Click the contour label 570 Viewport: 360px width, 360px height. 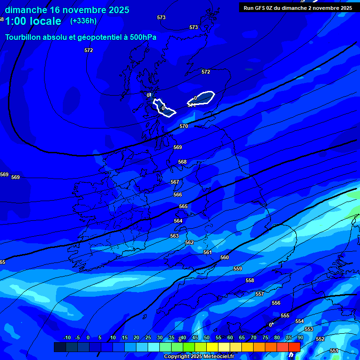pos(184,126)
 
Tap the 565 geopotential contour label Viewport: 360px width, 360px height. pos(183,207)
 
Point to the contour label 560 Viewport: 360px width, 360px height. pos(225,257)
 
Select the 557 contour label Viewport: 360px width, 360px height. pos(260,294)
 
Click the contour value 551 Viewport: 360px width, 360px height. pos(334,351)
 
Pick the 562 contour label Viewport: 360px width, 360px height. pos(189,242)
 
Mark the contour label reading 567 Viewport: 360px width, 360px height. pos(175,182)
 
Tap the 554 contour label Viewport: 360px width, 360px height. pos(300,321)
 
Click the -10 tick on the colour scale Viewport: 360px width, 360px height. pos(67,338)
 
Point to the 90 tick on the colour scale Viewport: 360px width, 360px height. pos(300,338)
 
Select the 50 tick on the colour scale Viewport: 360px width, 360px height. pos(207,338)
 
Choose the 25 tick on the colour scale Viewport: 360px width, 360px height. pos(148,338)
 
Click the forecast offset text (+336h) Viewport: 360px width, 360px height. pos(83,21)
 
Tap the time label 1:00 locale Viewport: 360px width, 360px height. pos(33,21)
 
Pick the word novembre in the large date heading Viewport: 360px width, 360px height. pos(84,10)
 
